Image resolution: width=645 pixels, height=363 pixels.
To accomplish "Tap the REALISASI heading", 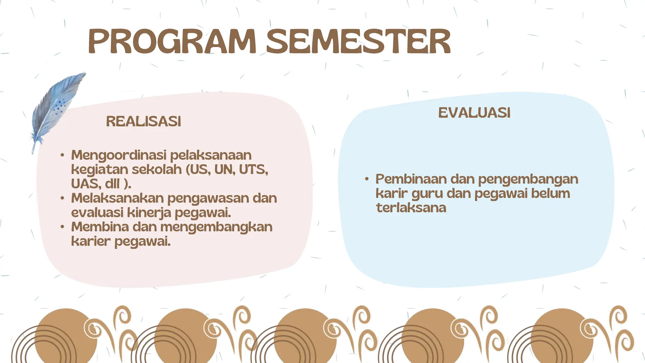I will [144, 122].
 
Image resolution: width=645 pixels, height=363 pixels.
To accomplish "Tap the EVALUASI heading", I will [474, 113].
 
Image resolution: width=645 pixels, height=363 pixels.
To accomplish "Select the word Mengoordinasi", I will [119, 156].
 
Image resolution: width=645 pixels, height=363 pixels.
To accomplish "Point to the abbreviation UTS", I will [253, 170].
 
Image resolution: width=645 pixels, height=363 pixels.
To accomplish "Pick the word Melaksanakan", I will [117, 198].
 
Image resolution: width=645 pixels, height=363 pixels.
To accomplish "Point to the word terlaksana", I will [411, 208].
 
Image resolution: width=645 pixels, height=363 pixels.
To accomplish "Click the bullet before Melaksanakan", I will [62, 198].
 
